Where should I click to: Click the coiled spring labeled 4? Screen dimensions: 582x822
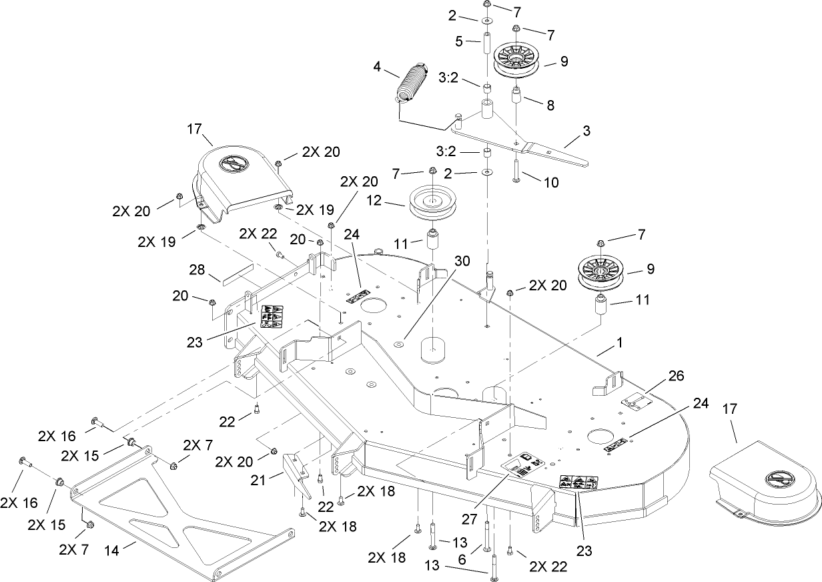tap(408, 84)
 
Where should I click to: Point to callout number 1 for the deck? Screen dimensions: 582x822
tap(620, 342)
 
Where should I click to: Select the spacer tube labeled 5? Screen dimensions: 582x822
tap(487, 45)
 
